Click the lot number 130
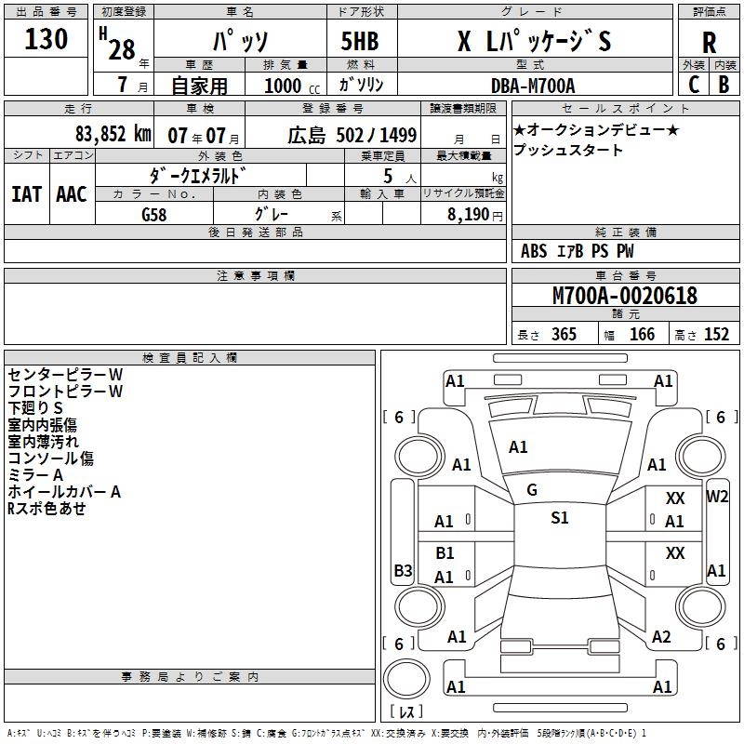[x=46, y=40]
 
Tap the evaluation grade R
[x=709, y=43]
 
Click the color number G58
[x=155, y=215]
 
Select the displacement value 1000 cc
[x=286, y=86]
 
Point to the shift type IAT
[x=25, y=193]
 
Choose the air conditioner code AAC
[x=71, y=193]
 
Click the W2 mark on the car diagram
[x=717, y=496]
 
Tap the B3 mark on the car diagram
[x=403, y=570]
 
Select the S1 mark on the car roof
[x=559, y=518]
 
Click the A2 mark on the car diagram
[x=661, y=636]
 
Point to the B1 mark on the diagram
[x=445, y=553]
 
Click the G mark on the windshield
[x=532, y=490]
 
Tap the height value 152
[x=716, y=335]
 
